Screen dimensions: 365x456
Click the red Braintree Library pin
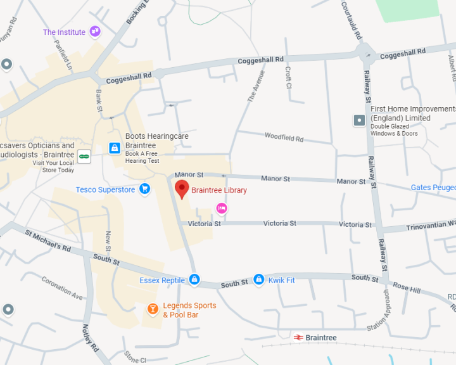(x=182, y=189)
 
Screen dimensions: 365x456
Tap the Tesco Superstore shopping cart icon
(x=145, y=189)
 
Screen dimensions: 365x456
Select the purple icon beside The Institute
(x=95, y=31)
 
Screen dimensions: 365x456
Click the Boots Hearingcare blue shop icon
(x=115, y=148)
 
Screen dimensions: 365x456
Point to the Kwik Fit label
(x=281, y=279)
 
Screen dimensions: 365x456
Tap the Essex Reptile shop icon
(x=194, y=279)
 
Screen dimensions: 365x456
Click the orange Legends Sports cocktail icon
(x=153, y=309)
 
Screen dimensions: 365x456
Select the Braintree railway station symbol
(x=298, y=338)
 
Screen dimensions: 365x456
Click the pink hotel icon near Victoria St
(x=222, y=208)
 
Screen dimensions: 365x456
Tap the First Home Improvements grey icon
(x=359, y=120)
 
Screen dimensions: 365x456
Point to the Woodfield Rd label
(x=284, y=138)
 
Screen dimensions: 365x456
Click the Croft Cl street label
(x=288, y=77)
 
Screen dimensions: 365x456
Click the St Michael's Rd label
(x=48, y=240)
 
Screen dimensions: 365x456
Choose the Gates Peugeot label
(x=433, y=188)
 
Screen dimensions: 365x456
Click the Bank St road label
(x=99, y=101)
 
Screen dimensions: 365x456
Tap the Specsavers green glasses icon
(x=84, y=155)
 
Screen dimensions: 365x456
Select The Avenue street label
(x=256, y=86)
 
